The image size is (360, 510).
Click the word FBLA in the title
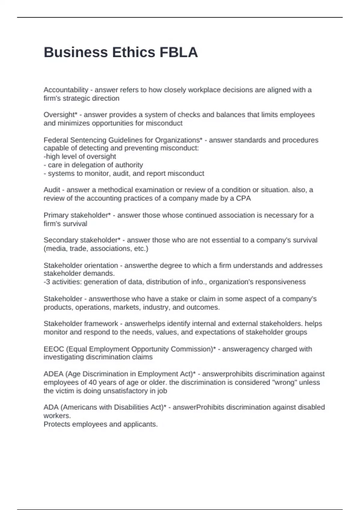[x=178, y=52]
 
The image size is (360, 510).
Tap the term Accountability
[x=66, y=90]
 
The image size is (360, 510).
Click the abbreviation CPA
[x=243, y=198]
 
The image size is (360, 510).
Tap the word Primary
[x=56, y=215]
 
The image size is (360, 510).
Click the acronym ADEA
[x=53, y=374]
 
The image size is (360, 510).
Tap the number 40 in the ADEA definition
[x=93, y=382]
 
